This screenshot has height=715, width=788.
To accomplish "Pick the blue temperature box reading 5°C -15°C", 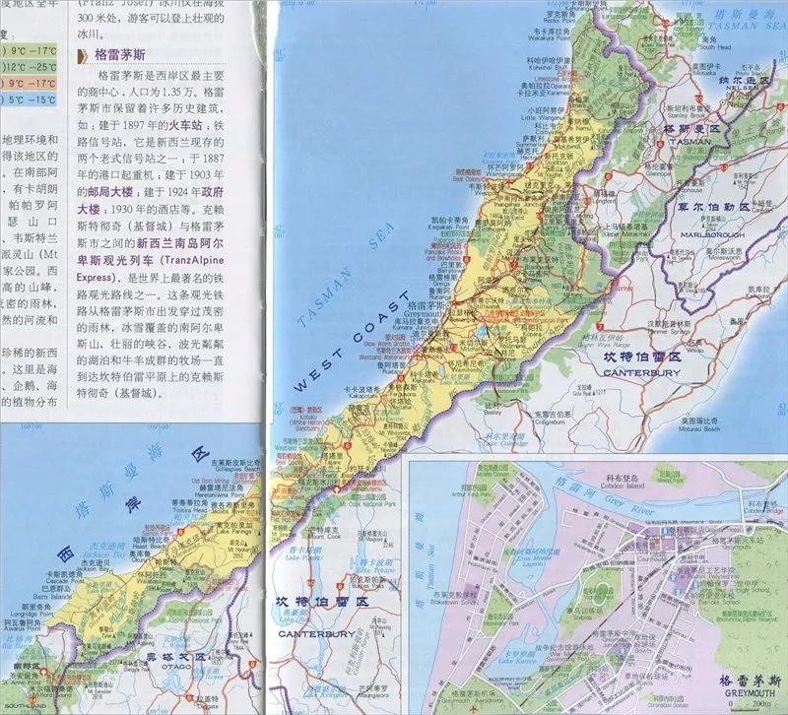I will click(x=30, y=99).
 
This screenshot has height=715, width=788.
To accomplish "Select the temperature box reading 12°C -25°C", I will click(x=30, y=67).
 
